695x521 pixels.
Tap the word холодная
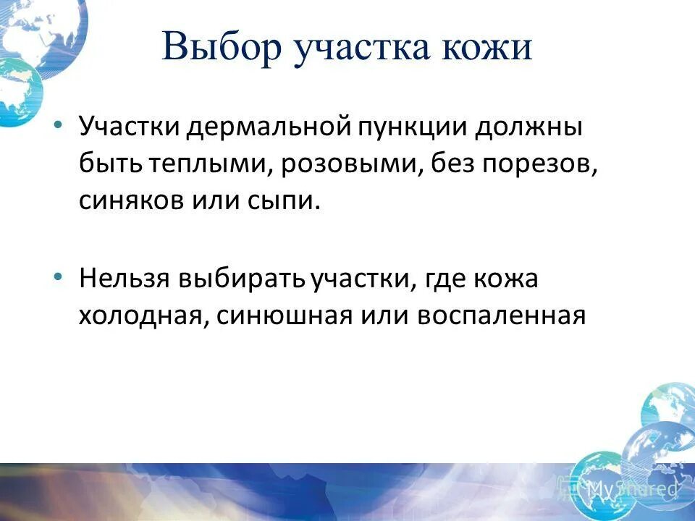tap(141, 316)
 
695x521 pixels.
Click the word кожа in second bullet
tap(507, 279)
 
